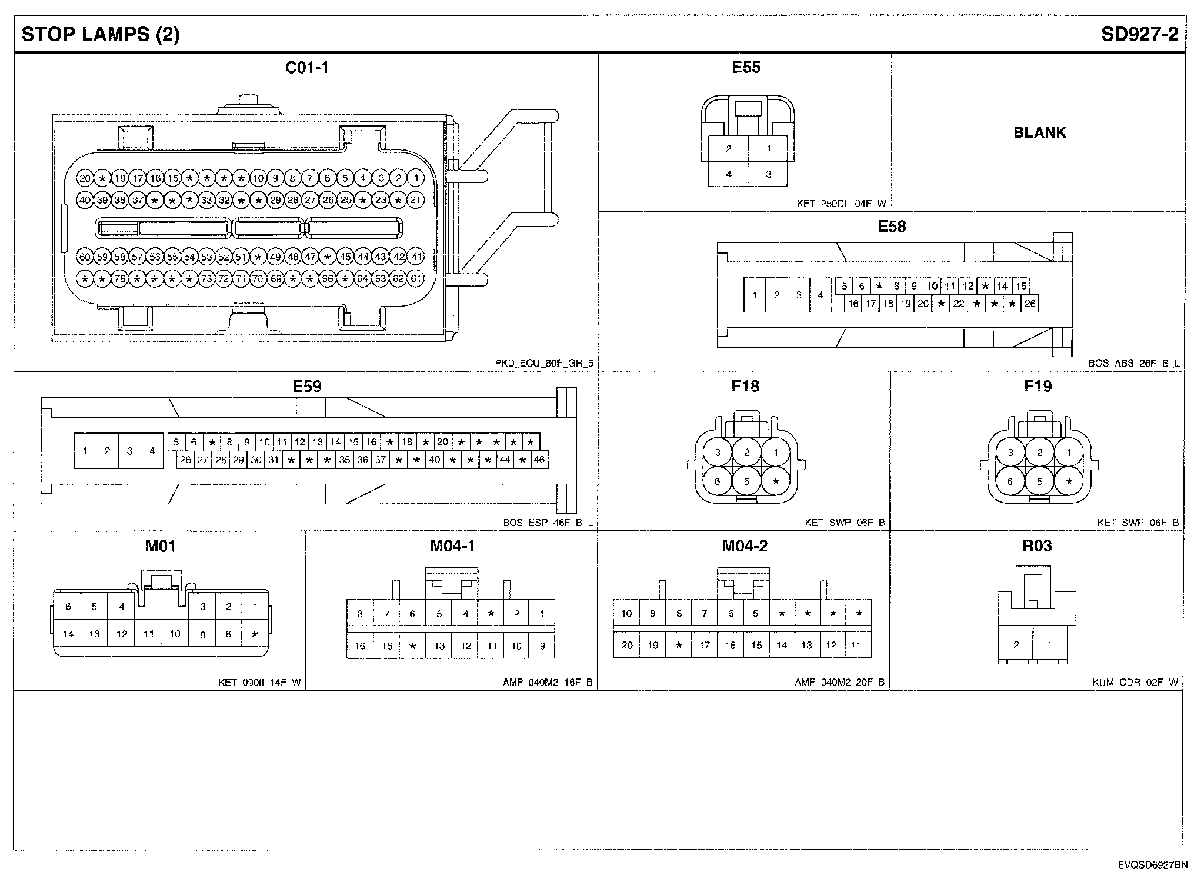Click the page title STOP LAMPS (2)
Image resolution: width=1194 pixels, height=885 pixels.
pos(101,34)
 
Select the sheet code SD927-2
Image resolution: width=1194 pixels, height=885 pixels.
pos(1139,34)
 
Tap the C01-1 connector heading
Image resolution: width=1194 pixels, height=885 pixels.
pos(307,68)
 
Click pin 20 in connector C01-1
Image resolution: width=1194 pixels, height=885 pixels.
pos(85,178)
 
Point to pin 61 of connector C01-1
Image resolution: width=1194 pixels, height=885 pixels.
pos(416,278)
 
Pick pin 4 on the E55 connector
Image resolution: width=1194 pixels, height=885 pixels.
pos(729,174)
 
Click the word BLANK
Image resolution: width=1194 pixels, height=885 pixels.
pos(1039,132)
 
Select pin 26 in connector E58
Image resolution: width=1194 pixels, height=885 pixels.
pos(1029,304)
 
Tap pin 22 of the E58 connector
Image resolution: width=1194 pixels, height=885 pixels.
pos(959,304)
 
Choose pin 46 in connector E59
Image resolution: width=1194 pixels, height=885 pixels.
pos(539,460)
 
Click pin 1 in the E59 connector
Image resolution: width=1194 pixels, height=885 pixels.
pos(85,451)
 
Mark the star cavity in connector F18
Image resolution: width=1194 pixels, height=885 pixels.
pos(776,482)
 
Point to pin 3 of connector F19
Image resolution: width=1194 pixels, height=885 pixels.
pos(1010,453)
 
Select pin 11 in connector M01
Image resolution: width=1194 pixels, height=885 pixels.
pos(148,634)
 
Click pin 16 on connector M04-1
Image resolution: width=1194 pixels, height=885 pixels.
pos(360,646)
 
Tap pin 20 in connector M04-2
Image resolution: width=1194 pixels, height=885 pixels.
pos(627,645)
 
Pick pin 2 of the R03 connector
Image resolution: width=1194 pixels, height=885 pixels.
pos(1016,644)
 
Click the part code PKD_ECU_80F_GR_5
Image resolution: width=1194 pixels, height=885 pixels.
pos(544,364)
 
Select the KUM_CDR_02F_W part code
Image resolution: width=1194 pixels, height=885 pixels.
pos(1135,683)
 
